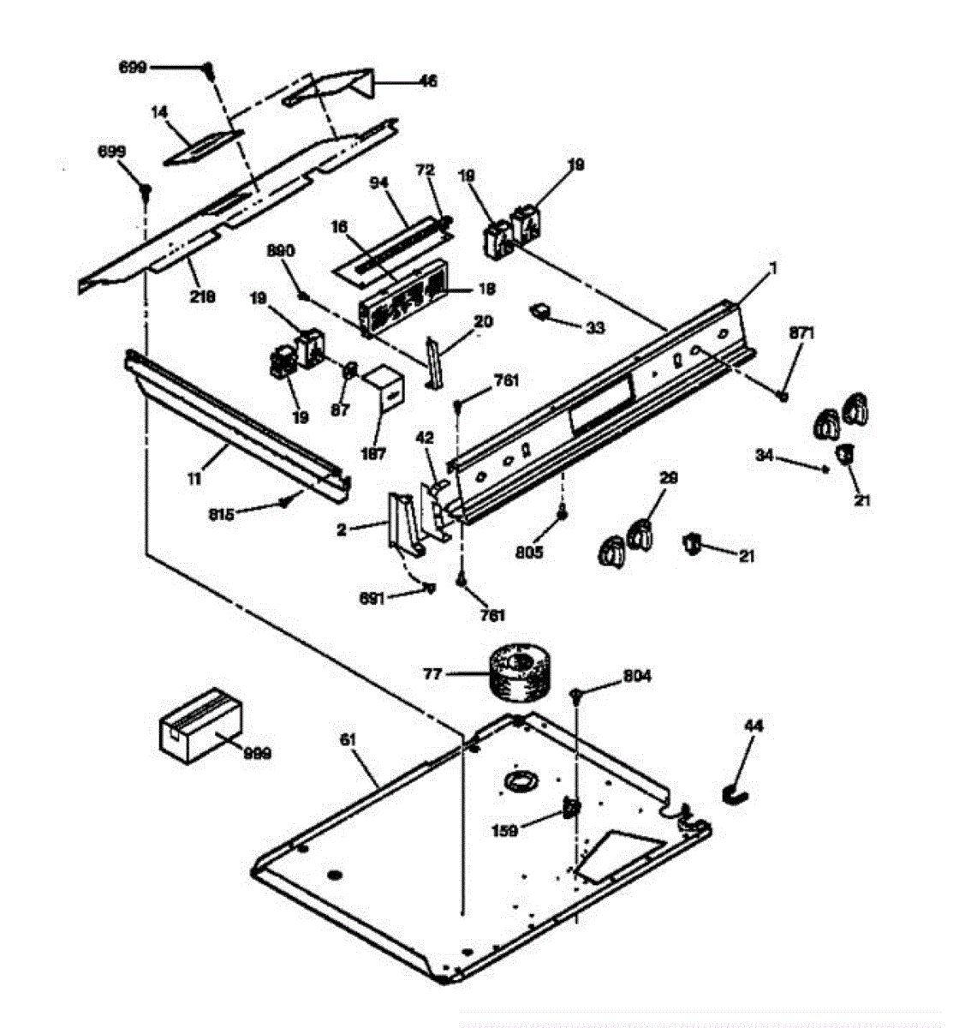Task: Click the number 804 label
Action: [636, 676]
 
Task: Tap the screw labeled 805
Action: [562, 514]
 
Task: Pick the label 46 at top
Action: [426, 81]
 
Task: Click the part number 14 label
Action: [159, 111]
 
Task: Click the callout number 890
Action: [282, 251]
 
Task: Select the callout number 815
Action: [222, 514]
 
